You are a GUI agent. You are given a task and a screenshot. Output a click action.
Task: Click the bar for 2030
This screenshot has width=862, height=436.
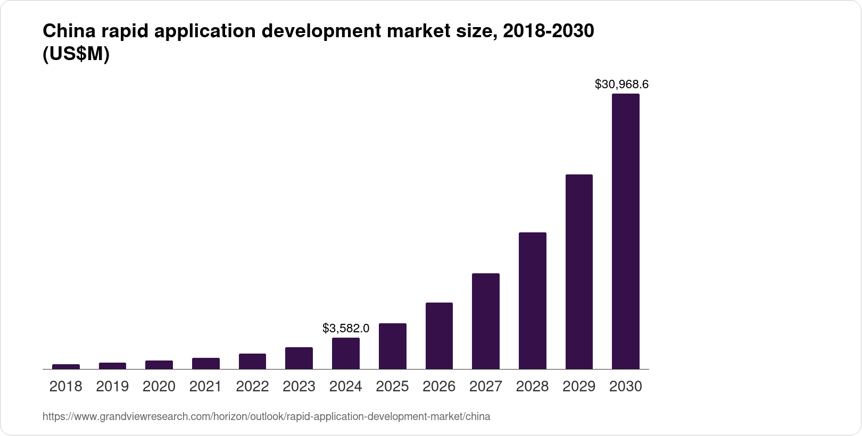625,231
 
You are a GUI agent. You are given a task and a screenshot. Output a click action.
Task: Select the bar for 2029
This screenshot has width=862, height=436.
579,272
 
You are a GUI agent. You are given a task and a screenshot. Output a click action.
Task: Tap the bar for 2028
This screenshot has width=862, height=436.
532,300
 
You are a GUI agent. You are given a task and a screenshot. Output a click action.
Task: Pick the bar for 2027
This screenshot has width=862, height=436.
485,321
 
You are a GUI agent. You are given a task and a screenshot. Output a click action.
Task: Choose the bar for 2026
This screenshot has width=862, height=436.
439,336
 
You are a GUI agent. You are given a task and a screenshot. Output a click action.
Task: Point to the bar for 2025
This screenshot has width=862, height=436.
392,346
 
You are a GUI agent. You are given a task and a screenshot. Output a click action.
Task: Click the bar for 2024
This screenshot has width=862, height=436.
346,353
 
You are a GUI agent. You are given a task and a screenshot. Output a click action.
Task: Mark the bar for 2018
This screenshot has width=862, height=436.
66,366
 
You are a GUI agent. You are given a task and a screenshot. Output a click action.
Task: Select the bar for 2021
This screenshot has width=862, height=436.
206,363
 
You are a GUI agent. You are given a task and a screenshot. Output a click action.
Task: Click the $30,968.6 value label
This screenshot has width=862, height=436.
621,84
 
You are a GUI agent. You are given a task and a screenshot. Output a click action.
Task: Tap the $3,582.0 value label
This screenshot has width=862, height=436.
346,329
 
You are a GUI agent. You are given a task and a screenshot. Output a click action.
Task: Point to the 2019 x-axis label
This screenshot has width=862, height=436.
112,387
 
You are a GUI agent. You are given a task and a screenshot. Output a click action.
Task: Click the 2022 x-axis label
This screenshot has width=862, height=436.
252,387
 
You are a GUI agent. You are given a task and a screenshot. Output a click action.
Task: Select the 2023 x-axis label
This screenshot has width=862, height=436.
299,387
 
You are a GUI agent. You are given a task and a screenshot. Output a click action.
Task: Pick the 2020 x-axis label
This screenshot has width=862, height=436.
159,387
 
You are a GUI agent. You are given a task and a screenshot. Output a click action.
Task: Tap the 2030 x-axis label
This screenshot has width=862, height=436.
625,387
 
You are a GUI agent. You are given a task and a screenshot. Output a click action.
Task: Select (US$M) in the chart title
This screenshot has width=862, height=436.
76,54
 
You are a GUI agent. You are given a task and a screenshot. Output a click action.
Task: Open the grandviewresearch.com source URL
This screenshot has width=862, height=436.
266,417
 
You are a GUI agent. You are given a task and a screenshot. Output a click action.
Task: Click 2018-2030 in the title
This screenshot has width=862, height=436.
548,32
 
